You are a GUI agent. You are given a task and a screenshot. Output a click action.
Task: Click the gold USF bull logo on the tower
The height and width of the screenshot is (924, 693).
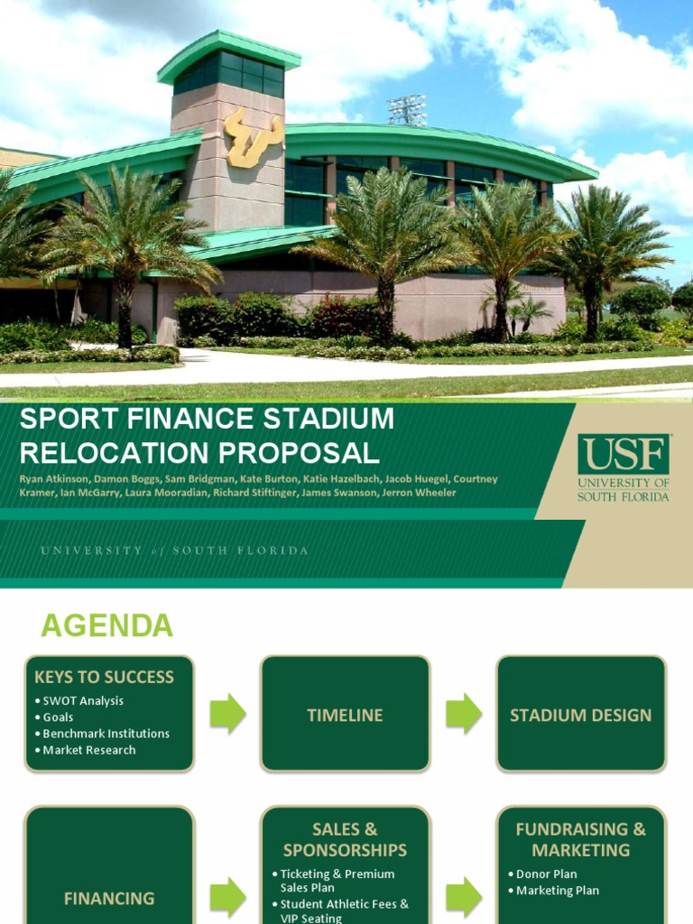tap(254, 137)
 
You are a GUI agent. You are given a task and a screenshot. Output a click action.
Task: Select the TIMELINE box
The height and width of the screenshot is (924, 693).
tap(345, 715)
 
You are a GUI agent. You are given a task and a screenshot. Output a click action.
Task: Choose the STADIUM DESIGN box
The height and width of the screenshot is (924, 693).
tap(580, 715)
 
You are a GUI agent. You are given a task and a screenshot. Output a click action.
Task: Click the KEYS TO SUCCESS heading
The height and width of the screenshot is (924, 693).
tap(104, 677)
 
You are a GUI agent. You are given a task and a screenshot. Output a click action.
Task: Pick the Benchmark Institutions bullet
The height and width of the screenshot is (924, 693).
tap(106, 734)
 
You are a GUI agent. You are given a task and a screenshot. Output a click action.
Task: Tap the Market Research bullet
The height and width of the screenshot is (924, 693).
tap(88, 750)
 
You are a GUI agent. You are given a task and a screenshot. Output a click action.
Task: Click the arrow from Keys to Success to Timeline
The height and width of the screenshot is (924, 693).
tap(227, 714)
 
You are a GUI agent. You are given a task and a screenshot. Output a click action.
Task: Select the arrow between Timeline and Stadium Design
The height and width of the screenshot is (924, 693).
tap(463, 714)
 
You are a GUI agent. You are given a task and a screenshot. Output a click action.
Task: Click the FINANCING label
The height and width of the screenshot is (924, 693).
tap(109, 899)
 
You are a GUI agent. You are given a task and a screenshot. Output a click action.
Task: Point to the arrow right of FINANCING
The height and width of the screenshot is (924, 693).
tap(227, 898)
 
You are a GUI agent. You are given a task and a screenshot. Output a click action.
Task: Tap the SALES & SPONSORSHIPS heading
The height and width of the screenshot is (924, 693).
tap(345, 839)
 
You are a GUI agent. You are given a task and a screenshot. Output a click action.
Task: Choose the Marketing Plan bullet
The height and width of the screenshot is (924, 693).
tap(557, 891)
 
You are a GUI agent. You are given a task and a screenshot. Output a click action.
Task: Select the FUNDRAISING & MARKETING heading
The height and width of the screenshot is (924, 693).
tap(580, 839)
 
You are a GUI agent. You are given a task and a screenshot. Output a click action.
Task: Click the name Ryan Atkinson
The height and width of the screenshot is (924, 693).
tap(53, 479)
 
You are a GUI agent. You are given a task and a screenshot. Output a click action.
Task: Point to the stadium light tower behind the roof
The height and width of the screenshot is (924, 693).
tap(406, 110)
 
